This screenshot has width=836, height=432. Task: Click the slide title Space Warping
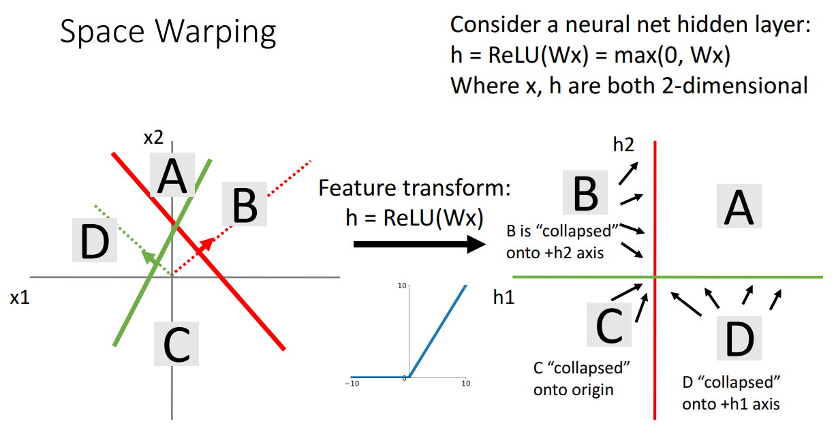168,31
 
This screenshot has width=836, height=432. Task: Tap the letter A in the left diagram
172,177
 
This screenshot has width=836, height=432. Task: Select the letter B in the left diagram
244,206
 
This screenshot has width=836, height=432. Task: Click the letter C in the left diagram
176,344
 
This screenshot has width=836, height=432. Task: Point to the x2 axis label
154,138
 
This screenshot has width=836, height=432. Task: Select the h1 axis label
504,297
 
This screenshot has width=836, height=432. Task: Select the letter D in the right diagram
739,339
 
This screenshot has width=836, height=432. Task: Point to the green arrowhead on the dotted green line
146,254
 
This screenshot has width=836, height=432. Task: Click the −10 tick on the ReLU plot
352,384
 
